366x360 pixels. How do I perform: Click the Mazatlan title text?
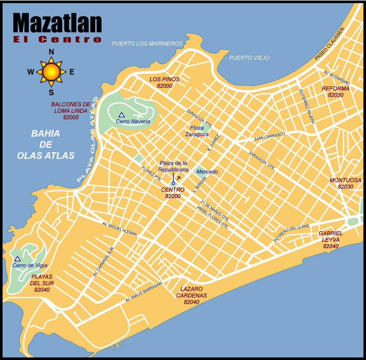(57, 23)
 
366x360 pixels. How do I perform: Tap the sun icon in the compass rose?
(51, 72)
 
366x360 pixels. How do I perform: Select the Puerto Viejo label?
(249, 58)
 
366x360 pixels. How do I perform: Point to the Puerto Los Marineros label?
(147, 44)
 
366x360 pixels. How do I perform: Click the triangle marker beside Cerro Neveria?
(122, 115)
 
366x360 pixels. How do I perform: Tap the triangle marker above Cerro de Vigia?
(18, 258)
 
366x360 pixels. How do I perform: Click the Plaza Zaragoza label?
(197, 131)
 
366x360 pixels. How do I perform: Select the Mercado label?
(207, 172)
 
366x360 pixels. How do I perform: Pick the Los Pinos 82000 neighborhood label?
(164, 82)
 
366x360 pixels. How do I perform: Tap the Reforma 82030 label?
(335, 92)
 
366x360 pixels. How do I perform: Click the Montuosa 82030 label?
(345, 183)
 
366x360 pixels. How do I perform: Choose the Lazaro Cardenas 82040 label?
(191, 295)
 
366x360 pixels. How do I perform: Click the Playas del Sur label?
(42, 283)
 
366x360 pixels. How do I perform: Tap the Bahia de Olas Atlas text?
(46, 144)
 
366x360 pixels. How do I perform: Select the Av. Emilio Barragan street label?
(144, 292)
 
